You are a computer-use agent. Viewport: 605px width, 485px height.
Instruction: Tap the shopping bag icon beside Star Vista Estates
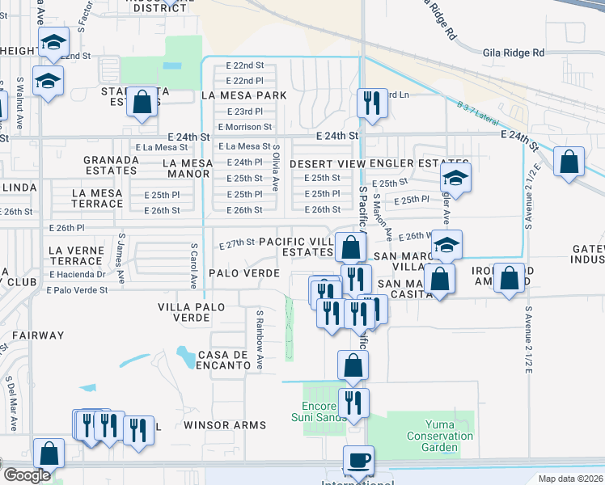point(142,103)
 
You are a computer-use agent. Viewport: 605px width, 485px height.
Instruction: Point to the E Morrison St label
point(244,128)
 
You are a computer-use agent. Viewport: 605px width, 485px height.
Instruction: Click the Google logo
point(27,475)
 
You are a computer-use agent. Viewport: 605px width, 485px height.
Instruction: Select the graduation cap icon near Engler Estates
point(455,180)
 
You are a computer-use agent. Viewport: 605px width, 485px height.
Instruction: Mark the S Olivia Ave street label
point(276,168)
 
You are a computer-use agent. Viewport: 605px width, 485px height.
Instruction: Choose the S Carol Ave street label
point(194,265)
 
